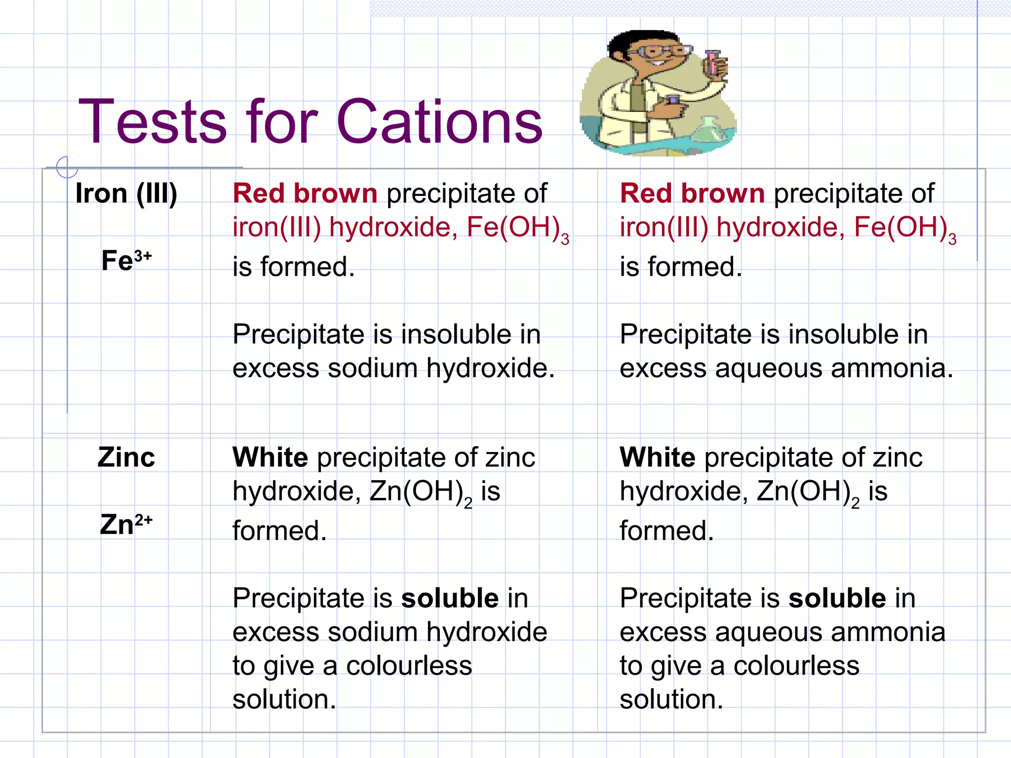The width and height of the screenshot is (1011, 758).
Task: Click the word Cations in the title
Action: (x=439, y=122)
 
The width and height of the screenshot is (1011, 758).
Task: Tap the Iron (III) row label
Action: (x=126, y=193)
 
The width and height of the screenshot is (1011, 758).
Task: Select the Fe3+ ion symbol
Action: (x=126, y=260)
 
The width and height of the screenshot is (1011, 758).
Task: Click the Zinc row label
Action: (x=126, y=457)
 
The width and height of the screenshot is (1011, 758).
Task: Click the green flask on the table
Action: (x=709, y=131)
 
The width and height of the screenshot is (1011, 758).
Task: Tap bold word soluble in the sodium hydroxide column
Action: (x=450, y=599)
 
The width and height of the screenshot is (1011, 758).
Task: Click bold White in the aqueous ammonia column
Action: (x=658, y=457)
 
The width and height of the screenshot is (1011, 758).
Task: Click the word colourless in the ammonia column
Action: (x=796, y=666)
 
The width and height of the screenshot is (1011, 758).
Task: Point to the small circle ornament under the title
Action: (x=67, y=167)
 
